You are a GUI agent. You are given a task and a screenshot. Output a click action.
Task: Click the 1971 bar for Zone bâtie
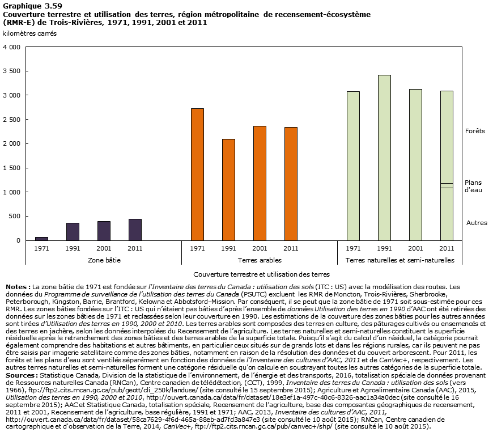tap(41, 239)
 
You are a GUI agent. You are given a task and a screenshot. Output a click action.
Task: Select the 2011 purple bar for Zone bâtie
tap(135, 230)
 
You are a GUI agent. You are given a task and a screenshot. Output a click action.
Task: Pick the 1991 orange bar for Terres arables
tap(228, 189)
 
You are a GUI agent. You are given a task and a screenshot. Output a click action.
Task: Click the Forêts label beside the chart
tap(475, 131)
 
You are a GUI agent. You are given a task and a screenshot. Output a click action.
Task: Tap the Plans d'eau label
tap(473, 186)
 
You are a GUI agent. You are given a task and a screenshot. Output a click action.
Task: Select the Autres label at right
tap(477, 223)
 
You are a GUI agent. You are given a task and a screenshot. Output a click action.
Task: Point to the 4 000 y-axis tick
tap(14, 47)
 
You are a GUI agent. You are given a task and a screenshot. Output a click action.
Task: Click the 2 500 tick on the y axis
tap(14, 120)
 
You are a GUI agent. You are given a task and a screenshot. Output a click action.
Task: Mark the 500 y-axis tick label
tap(16, 216)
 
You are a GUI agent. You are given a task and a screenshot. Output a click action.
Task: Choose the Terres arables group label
tap(244, 260)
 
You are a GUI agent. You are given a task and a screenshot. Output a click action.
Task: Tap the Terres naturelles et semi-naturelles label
tap(399, 260)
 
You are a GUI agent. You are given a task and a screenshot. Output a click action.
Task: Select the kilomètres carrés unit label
tap(29, 33)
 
